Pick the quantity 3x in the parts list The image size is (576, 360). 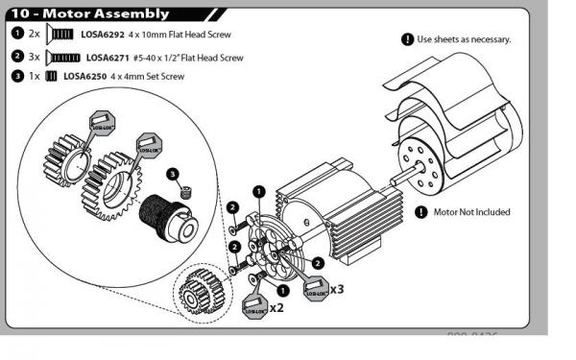pyautogui.click(x=35, y=58)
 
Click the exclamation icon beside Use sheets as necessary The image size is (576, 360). pyautogui.click(x=406, y=39)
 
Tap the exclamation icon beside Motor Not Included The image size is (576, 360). pyautogui.click(x=420, y=212)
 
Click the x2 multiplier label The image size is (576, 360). pyautogui.click(x=276, y=307)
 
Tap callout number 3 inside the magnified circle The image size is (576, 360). pyautogui.click(x=172, y=174)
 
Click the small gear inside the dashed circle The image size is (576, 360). pyautogui.click(x=199, y=289)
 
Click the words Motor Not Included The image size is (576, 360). pyautogui.click(x=471, y=212)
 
